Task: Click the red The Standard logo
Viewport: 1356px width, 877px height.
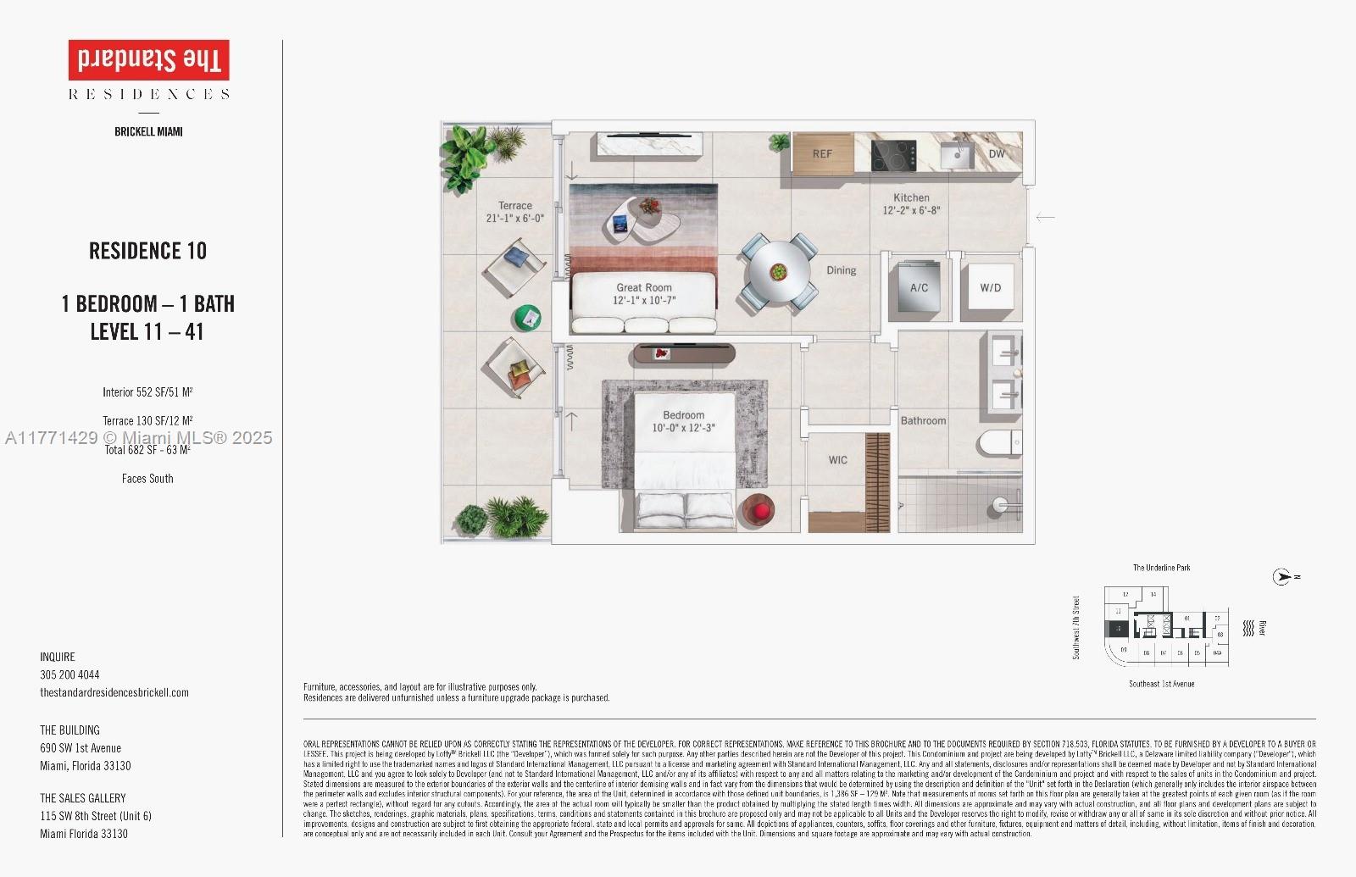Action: point(148,60)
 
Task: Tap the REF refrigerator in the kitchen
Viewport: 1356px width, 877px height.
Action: point(822,153)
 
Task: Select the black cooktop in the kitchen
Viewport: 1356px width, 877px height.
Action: point(893,155)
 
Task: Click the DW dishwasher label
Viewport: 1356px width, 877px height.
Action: point(997,153)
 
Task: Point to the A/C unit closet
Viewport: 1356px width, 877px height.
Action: point(919,288)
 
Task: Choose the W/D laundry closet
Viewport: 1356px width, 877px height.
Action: point(990,288)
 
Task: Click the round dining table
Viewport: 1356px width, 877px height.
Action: point(778,273)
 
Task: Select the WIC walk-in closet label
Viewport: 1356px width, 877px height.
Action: point(837,460)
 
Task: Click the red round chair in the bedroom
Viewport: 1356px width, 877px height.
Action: point(756,511)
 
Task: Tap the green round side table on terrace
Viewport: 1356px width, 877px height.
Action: point(527,318)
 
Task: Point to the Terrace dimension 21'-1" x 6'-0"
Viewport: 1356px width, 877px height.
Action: point(514,218)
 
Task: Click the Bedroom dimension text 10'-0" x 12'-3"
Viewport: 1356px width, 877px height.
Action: point(683,428)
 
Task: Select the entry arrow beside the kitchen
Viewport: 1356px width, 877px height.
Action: point(1045,217)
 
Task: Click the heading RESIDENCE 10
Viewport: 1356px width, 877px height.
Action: point(147,251)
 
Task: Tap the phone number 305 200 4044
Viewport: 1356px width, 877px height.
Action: point(69,675)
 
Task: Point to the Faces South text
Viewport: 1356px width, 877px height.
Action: point(147,479)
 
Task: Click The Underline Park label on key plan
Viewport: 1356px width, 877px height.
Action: point(1161,568)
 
